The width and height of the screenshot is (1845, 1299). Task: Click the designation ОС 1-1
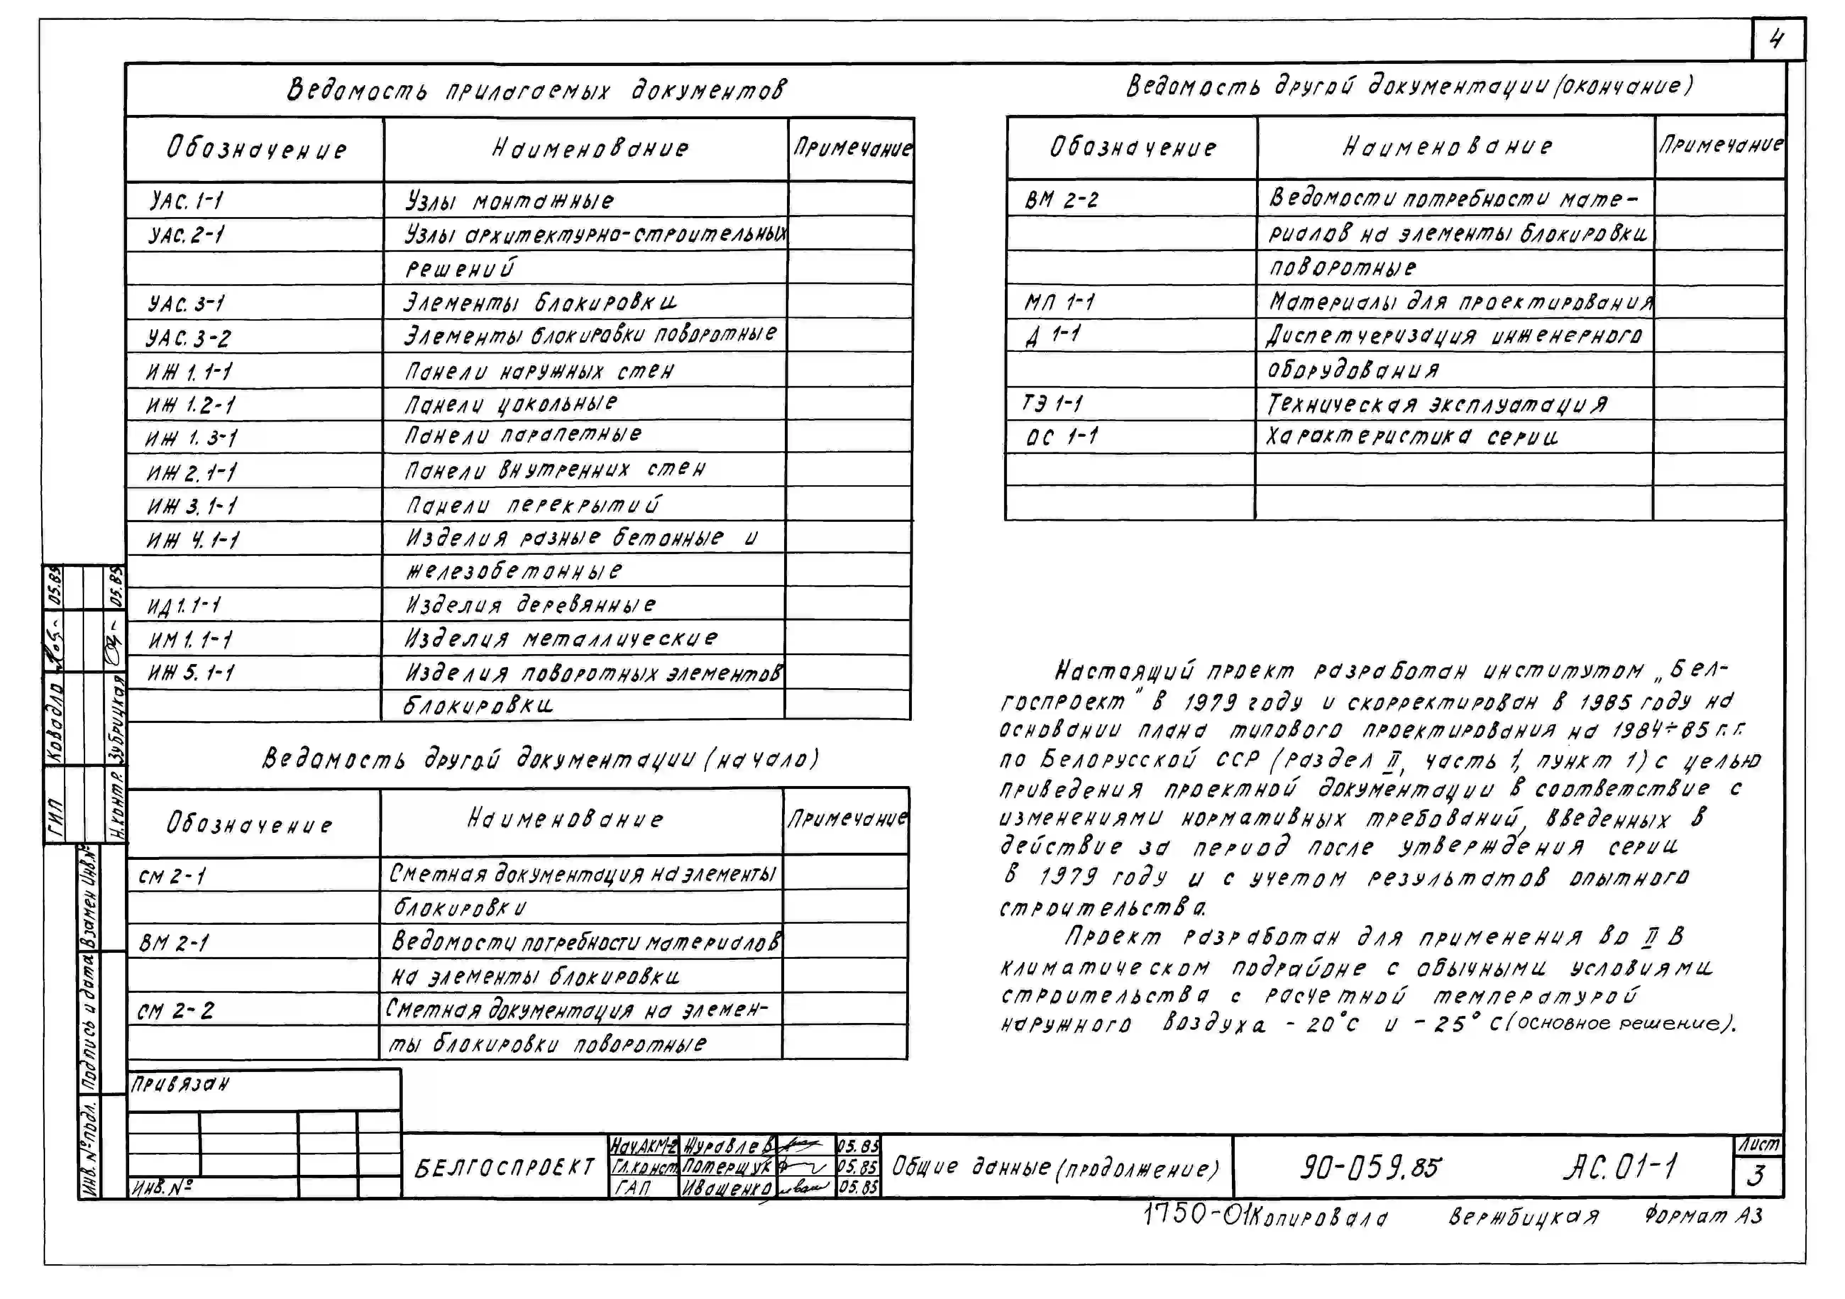click(x=1062, y=437)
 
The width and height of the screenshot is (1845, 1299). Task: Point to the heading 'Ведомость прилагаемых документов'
click(x=537, y=89)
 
